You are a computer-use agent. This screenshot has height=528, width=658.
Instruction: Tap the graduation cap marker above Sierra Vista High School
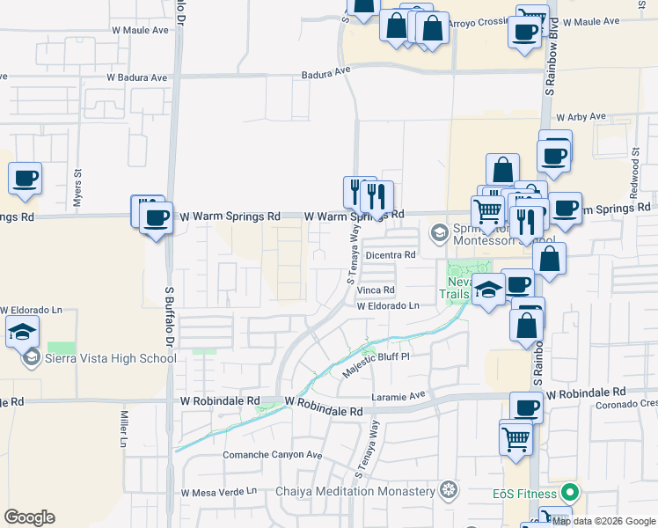click(23, 332)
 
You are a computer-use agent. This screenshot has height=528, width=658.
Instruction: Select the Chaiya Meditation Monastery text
click(356, 490)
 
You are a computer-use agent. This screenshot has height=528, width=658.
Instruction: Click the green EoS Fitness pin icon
click(571, 492)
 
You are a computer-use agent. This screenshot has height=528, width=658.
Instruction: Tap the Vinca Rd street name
click(377, 290)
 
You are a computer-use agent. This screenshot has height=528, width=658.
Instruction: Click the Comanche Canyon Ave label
click(273, 455)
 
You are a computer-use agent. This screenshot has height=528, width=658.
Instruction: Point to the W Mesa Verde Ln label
click(218, 492)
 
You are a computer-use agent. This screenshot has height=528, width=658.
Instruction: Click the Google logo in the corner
click(29, 517)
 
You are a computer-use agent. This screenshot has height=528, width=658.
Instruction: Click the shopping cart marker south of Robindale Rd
click(515, 436)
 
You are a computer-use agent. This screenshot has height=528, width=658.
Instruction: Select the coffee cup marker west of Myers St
click(25, 179)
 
